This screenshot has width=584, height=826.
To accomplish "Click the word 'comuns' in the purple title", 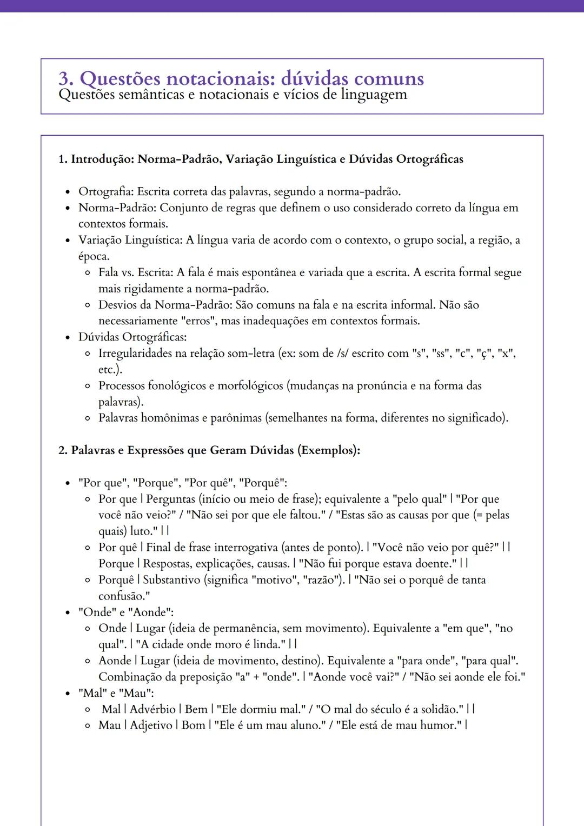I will (x=389, y=79).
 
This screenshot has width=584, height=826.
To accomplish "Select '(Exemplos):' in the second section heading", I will (x=329, y=450).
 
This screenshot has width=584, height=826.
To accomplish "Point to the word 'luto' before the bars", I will (x=141, y=531).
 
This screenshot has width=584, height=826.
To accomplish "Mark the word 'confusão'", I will (x=121, y=596).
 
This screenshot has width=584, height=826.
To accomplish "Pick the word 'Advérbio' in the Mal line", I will (x=153, y=709).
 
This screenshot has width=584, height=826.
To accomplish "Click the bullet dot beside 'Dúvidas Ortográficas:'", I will (x=68, y=338).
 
